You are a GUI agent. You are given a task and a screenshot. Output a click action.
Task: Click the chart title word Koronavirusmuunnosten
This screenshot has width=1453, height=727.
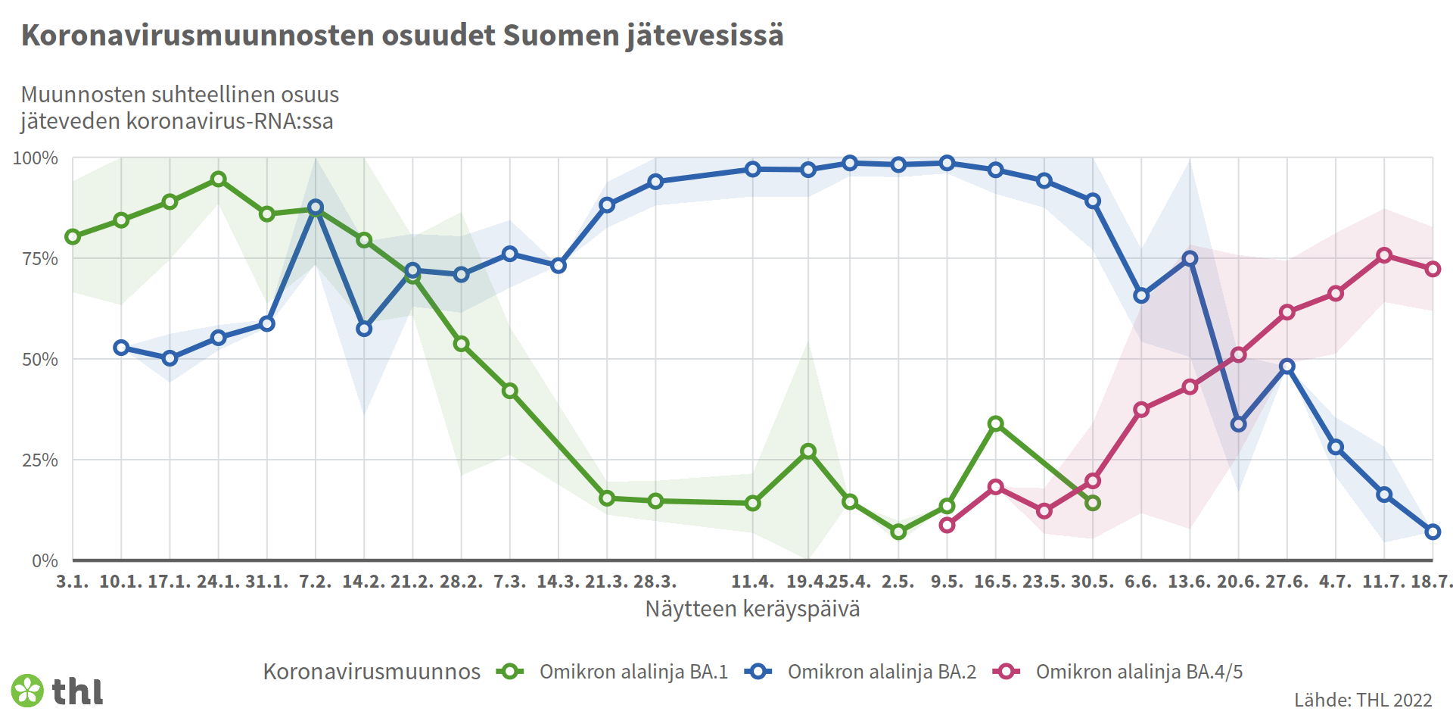[x=198, y=36]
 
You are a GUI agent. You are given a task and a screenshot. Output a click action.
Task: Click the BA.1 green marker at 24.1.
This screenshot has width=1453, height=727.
[x=219, y=179]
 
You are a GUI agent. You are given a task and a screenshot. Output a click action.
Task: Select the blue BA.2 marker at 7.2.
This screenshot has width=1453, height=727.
[x=316, y=207]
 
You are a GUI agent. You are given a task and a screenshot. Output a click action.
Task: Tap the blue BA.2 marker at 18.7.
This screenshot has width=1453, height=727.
[x=1432, y=532]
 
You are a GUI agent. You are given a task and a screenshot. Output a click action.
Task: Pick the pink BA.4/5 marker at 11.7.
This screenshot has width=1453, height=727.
[x=1384, y=255]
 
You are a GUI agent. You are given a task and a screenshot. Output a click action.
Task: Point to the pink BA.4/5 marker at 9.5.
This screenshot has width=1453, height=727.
[x=947, y=525]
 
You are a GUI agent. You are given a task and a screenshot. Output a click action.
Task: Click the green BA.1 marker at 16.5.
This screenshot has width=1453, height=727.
[x=996, y=423]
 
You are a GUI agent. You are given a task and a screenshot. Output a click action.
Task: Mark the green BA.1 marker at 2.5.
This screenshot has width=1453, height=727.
[x=898, y=532]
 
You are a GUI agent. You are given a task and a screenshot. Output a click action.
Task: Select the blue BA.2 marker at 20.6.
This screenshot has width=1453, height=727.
[x=1238, y=424]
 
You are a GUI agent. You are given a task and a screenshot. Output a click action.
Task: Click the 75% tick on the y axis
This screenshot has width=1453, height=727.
[x=40, y=259]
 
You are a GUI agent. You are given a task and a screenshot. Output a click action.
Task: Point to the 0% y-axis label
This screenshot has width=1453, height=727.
[x=45, y=561]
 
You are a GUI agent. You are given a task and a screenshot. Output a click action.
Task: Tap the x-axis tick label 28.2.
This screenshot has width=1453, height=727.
[x=461, y=582]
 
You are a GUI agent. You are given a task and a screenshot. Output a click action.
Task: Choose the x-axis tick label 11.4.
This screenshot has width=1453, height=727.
[x=752, y=582]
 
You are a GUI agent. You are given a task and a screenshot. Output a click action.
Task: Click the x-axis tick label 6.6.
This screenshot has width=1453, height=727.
[x=1140, y=582]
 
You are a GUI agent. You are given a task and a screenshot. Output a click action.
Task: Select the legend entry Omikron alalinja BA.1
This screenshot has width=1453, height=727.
[x=633, y=672]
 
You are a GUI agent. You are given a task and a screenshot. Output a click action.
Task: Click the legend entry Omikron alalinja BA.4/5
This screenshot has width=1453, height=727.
[x=1138, y=672]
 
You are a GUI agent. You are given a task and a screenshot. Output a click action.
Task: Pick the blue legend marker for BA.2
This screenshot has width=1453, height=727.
[x=758, y=672]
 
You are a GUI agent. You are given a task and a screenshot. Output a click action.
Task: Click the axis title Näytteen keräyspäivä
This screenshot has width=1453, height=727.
[x=752, y=609]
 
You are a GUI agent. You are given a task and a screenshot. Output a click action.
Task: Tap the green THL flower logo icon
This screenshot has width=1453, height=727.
[x=28, y=691]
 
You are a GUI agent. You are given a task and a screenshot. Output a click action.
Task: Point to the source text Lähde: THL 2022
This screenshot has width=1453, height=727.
[x=1362, y=700]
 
